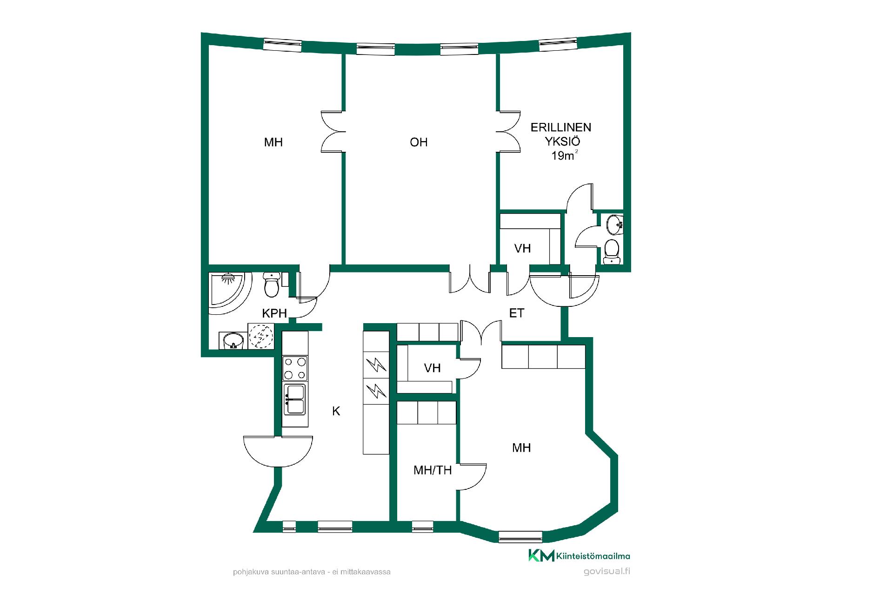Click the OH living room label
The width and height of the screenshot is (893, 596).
click(x=419, y=142)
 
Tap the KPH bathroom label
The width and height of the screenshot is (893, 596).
click(x=274, y=313)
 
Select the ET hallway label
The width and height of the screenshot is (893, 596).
click(x=517, y=313)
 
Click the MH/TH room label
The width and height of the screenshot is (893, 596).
click(x=433, y=470)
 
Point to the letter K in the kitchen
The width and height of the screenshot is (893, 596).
click(x=336, y=411)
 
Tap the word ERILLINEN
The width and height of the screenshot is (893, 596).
click(x=561, y=128)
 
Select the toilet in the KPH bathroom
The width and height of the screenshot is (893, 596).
click(x=272, y=284)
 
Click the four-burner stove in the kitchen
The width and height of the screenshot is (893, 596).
click(x=295, y=368)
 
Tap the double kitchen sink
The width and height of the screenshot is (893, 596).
click(x=295, y=399)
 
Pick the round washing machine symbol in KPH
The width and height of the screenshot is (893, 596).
click(x=261, y=336)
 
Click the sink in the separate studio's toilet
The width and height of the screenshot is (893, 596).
click(x=615, y=225)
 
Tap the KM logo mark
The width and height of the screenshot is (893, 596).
click(x=541, y=555)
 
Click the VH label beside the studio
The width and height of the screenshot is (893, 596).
click(x=523, y=248)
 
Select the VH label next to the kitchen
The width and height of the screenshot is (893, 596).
click(x=433, y=368)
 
